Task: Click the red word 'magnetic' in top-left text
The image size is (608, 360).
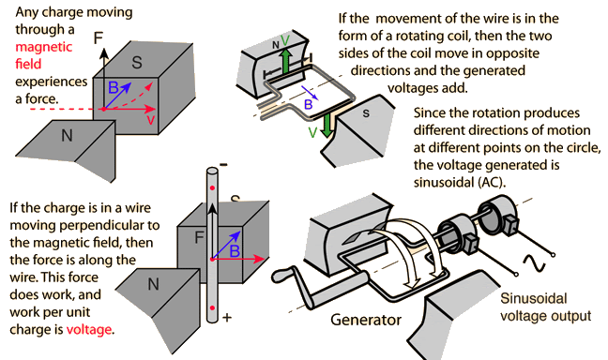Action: [44, 47]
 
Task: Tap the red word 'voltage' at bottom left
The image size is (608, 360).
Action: [89, 330]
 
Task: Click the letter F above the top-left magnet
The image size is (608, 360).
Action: [99, 38]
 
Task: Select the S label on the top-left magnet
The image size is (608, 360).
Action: [137, 63]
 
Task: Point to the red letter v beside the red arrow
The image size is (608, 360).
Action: [151, 120]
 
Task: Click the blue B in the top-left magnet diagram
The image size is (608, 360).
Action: [113, 87]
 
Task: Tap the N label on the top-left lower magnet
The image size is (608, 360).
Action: [67, 136]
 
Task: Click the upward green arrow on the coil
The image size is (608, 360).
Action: [286, 61]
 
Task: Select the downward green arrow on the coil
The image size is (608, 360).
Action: [327, 125]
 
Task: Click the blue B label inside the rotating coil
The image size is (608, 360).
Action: [309, 104]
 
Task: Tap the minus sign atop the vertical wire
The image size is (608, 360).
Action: [223, 165]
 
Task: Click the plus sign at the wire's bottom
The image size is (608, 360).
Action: [227, 318]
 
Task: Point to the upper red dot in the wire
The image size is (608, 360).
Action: [212, 188]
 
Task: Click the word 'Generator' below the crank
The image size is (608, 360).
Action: [366, 320]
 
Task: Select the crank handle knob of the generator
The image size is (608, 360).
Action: [281, 276]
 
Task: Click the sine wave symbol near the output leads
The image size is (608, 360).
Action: [534, 263]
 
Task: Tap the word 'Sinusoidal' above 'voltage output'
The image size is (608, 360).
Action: [534, 298]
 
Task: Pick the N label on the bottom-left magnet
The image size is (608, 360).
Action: [154, 285]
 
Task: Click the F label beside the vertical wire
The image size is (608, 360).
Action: [199, 237]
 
